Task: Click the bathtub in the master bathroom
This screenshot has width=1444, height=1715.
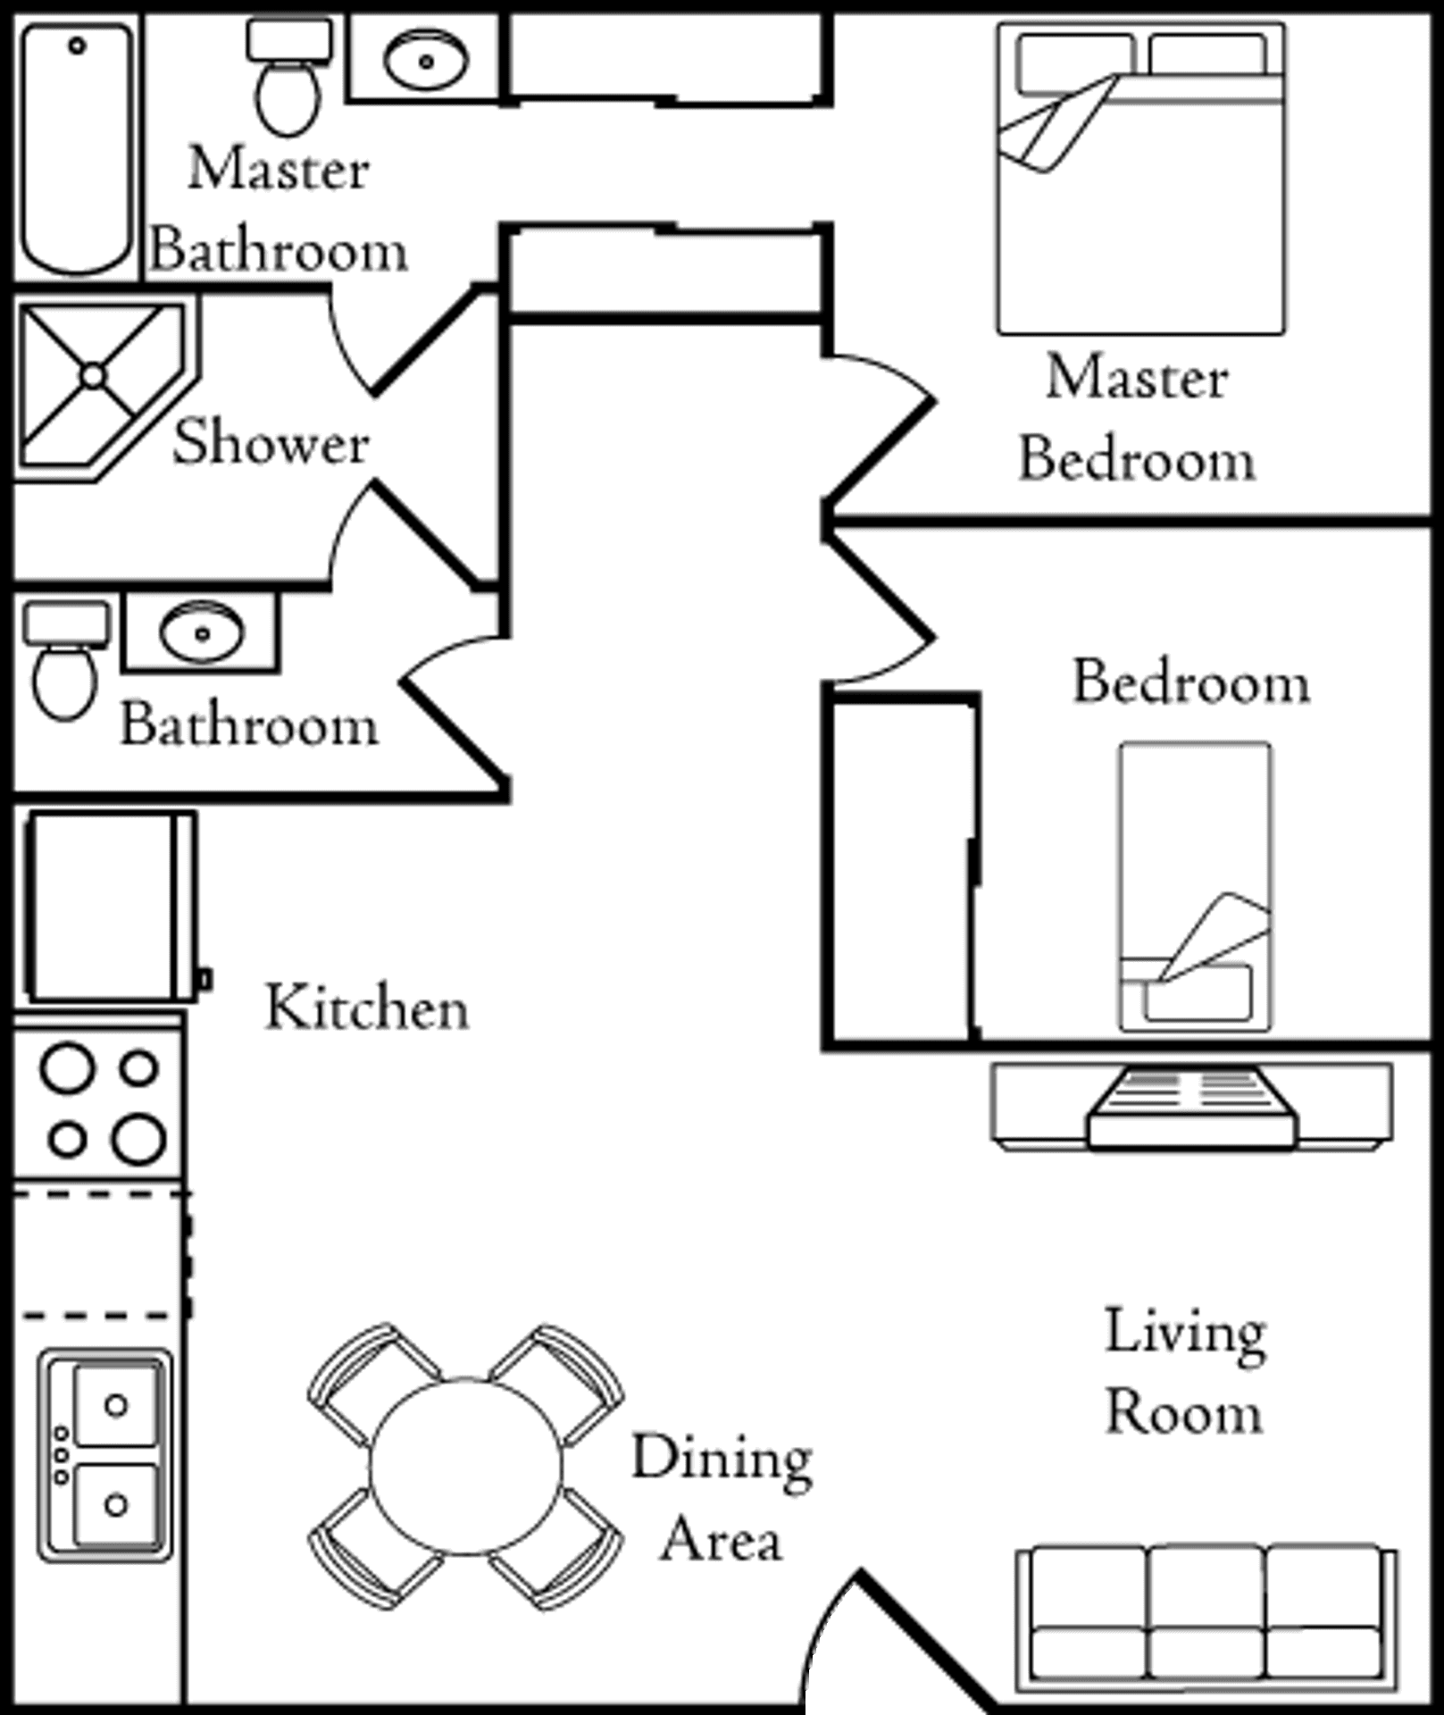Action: tap(77, 147)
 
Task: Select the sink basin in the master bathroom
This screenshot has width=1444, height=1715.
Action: tap(425, 61)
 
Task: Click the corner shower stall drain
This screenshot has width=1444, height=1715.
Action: tap(94, 376)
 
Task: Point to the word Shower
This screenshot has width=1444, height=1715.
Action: tap(270, 442)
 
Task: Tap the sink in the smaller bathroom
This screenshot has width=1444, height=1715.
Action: tap(201, 632)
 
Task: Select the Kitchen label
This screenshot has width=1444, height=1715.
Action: tap(366, 1008)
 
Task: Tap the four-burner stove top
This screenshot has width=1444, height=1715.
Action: tap(100, 1103)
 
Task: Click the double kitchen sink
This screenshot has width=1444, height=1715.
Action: tap(105, 1454)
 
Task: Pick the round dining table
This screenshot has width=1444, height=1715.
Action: tap(465, 1468)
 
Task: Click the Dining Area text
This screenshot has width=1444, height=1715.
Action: tap(722, 1499)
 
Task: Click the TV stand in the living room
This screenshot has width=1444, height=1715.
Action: tap(1192, 1105)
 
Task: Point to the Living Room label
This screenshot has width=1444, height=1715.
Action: tap(1184, 1371)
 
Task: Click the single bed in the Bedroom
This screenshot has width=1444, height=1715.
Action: tap(1196, 884)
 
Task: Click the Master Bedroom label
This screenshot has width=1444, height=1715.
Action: tap(1137, 418)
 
